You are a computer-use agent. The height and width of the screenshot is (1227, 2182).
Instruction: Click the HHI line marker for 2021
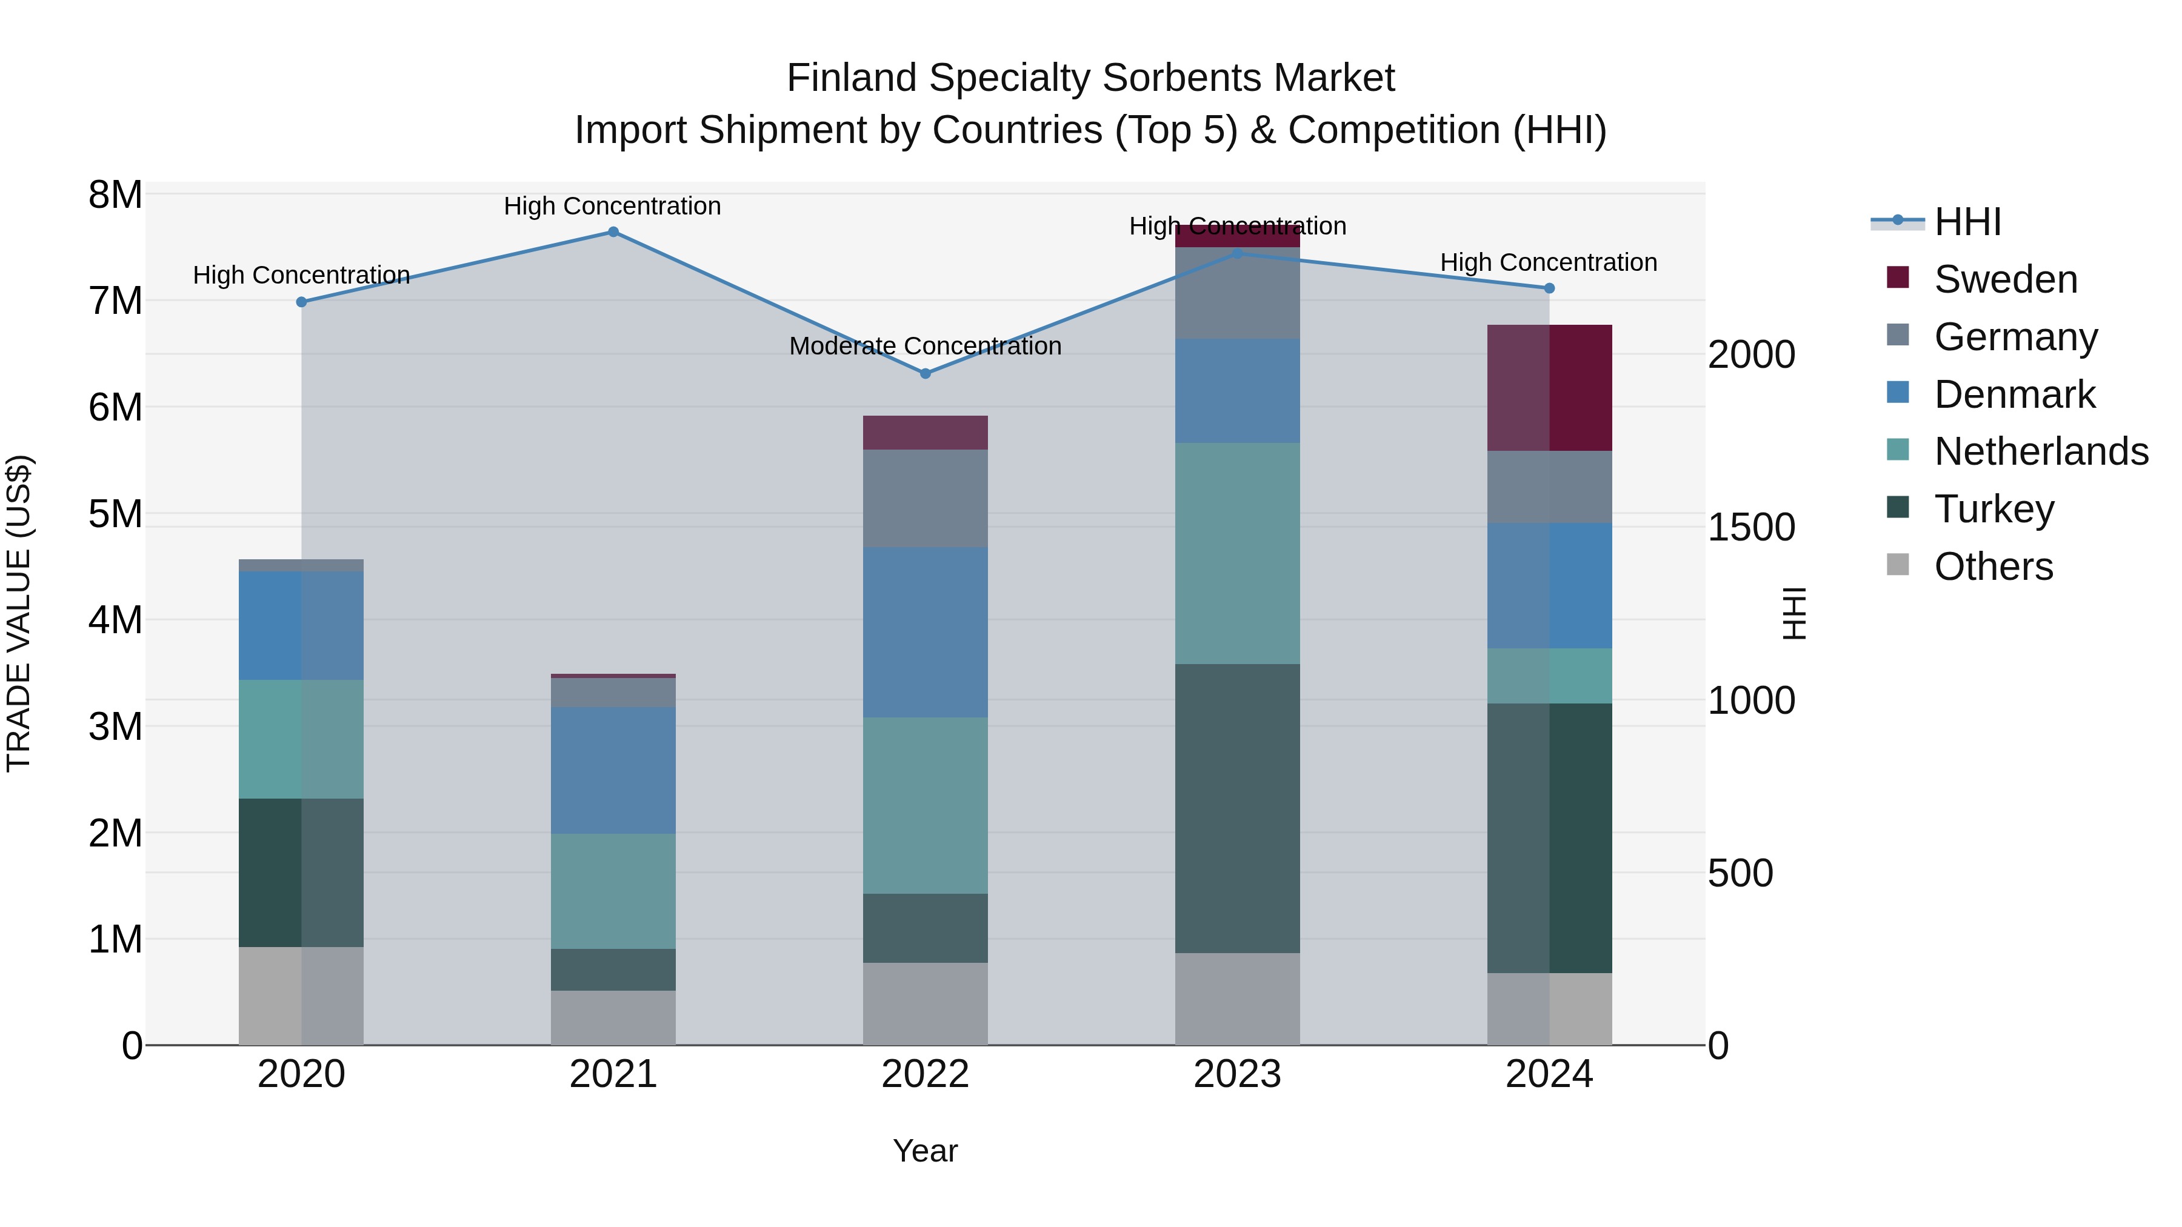613,232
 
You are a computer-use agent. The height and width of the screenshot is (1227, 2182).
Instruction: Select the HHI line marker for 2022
925,373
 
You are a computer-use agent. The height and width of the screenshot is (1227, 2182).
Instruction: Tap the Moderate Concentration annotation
925,347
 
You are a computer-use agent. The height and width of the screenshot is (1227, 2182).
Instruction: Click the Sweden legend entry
2004,279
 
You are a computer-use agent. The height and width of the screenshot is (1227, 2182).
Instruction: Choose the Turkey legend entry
1993,509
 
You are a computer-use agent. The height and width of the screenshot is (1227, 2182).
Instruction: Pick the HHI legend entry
1967,222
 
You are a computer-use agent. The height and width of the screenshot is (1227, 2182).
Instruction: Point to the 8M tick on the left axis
115,195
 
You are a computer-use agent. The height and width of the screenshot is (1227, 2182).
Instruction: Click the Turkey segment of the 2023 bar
1236,809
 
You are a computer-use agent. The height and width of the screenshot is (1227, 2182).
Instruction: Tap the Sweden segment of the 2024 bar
1549,388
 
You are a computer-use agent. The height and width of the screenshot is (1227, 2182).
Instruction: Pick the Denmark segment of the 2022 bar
925,633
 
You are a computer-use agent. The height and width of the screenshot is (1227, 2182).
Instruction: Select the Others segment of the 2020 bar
301,996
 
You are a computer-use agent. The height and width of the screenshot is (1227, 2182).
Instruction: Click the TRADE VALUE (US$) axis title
19,613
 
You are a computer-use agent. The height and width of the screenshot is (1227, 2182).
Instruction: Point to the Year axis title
925,1151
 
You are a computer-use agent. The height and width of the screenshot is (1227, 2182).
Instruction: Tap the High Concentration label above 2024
1549,262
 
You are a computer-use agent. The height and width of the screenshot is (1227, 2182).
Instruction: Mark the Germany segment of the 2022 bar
925,499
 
